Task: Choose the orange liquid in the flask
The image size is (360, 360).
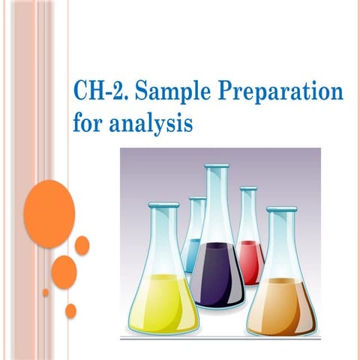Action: pyautogui.click(x=283, y=304)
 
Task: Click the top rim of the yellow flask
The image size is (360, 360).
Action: pyautogui.click(x=163, y=205)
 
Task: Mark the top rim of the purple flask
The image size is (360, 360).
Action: pyautogui.click(x=217, y=169)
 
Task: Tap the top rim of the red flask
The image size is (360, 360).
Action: pyautogui.click(x=248, y=190)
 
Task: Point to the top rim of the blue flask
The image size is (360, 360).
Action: pyautogui.click(x=197, y=200)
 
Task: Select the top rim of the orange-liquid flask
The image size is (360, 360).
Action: pyautogui.click(x=282, y=211)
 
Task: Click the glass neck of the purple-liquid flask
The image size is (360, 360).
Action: pyautogui.click(x=217, y=202)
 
